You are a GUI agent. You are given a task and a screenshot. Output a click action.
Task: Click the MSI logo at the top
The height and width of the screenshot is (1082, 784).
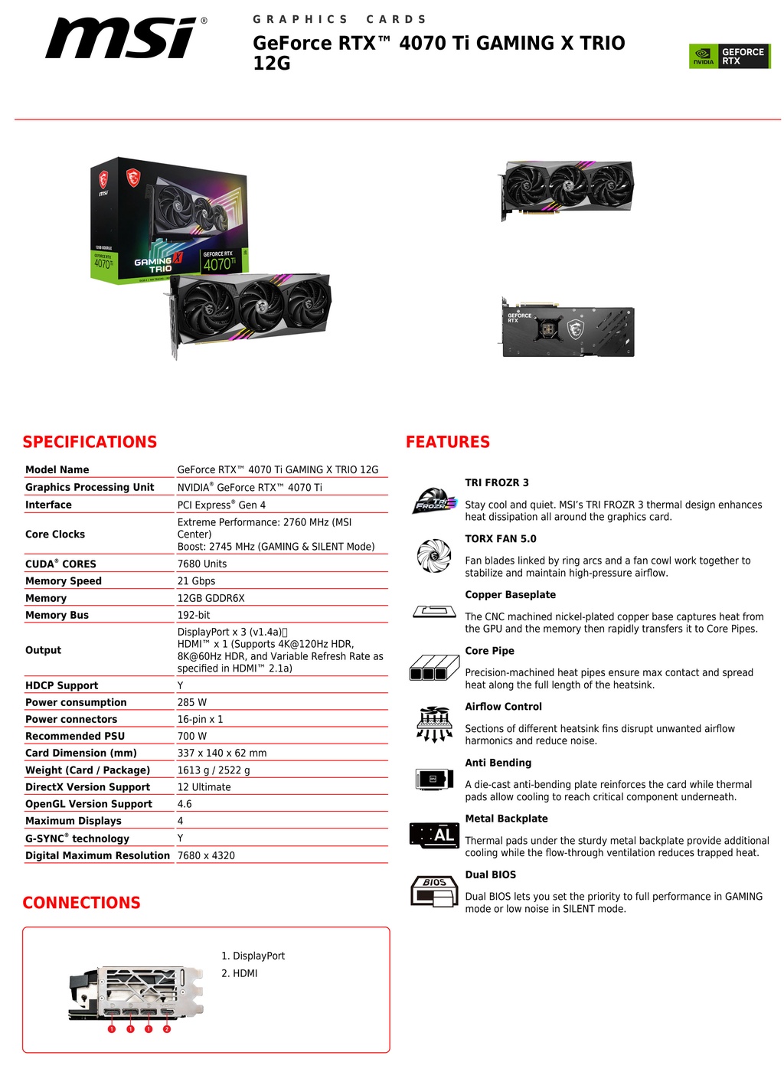(126, 38)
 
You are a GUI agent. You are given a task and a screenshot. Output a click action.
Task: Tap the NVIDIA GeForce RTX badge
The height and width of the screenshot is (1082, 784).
(730, 56)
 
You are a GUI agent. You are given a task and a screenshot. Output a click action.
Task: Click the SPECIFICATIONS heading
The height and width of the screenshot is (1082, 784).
(90, 442)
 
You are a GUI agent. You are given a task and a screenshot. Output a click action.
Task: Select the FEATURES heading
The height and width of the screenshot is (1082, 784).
(448, 442)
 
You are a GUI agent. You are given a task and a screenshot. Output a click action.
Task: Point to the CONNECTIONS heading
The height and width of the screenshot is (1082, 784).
(82, 903)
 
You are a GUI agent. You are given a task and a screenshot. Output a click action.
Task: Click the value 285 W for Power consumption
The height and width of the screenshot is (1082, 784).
(191, 702)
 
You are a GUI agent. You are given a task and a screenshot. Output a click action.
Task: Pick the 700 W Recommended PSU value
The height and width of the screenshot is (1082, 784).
(191, 736)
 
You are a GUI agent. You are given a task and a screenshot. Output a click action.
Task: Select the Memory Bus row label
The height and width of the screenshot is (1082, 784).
(57, 615)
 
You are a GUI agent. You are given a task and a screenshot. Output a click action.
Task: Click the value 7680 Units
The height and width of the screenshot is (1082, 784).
(202, 564)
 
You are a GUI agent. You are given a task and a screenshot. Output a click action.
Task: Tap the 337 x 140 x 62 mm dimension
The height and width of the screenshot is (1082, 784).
(222, 753)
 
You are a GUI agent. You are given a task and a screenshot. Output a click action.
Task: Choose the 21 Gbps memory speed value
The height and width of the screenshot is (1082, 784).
(196, 580)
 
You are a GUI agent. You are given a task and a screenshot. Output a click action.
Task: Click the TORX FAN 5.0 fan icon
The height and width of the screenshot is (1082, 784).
(434, 555)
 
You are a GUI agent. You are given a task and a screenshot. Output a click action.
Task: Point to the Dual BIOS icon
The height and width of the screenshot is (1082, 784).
(434, 891)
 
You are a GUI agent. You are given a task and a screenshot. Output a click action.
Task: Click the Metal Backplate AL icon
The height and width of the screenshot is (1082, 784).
(434, 835)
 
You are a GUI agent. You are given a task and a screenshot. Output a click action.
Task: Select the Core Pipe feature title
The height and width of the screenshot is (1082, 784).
(489, 651)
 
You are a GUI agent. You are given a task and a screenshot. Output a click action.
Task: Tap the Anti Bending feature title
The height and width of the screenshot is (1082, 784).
(498, 763)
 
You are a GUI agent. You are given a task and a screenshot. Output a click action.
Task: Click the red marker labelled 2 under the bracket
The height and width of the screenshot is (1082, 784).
(167, 1029)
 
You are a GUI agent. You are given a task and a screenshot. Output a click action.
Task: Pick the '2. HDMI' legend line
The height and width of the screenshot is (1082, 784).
(239, 973)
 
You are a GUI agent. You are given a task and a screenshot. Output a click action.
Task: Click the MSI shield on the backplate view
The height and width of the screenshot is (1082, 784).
(575, 329)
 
